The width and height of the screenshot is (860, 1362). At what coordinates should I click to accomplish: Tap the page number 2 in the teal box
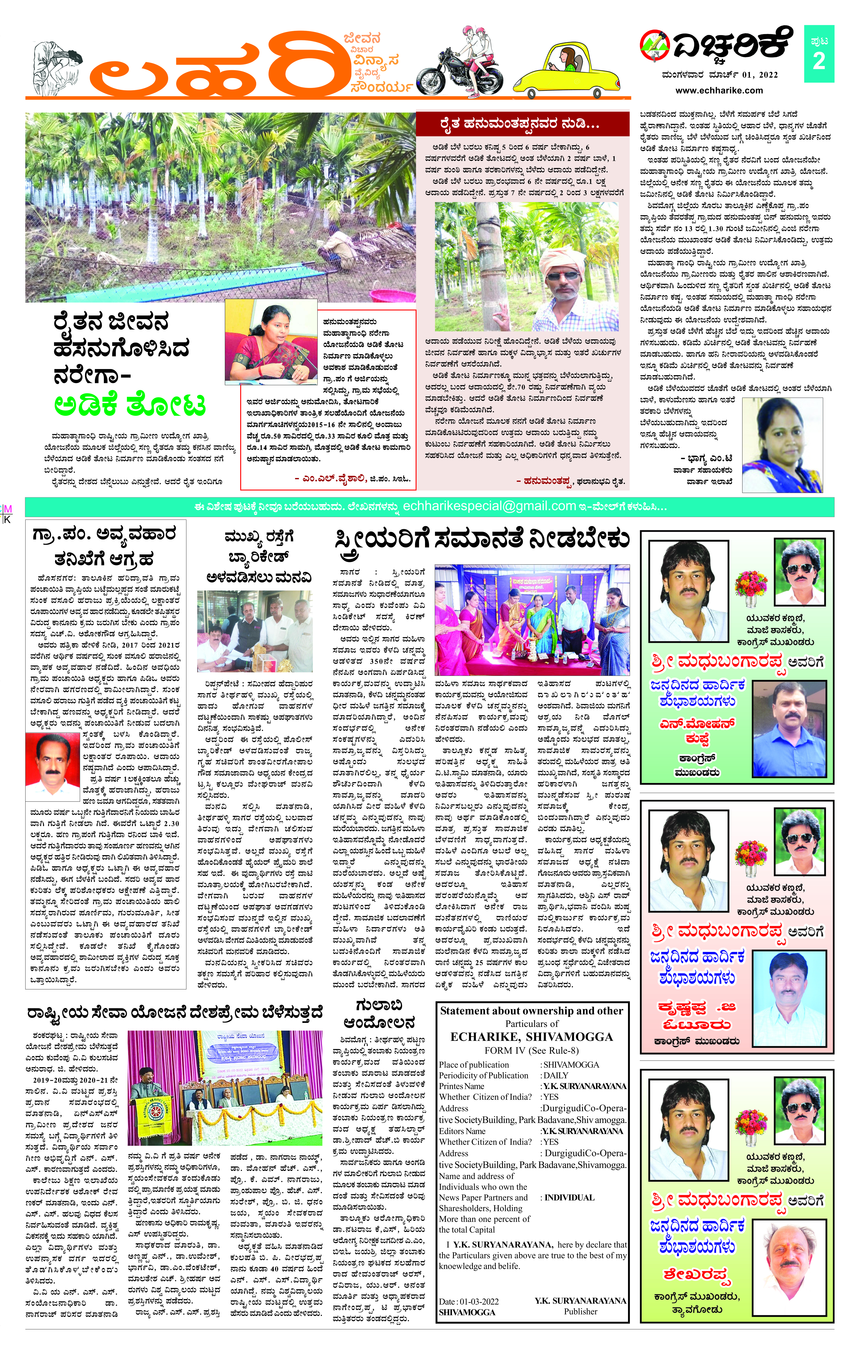pyautogui.click(x=819, y=61)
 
